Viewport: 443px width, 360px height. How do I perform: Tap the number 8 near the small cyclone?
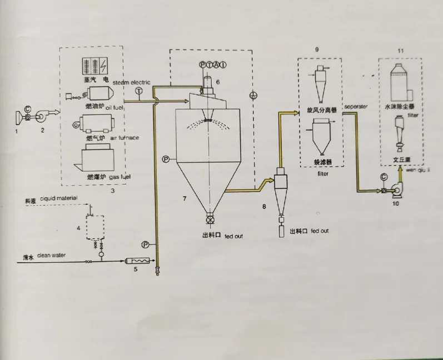point(265,206)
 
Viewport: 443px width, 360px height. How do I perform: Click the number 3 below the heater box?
point(112,191)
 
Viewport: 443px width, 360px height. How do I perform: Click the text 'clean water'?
point(52,256)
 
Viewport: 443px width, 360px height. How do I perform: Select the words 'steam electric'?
point(132,83)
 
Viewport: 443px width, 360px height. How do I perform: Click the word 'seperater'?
point(356,106)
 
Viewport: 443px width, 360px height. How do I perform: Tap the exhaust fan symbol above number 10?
point(397,189)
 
